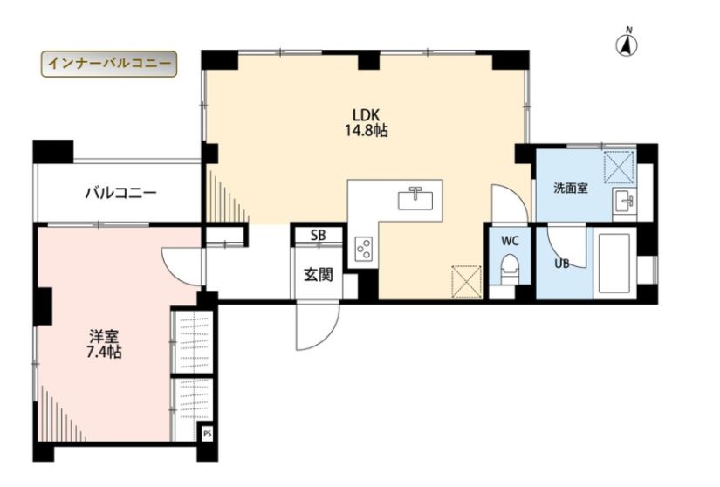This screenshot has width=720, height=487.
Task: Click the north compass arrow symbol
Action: tap(627, 44)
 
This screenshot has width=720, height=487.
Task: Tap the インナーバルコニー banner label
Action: tap(109, 64)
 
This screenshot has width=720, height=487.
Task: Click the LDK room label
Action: tap(366, 114)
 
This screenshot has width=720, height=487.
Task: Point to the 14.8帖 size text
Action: tap(367, 131)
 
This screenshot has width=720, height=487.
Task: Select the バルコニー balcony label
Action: tap(121, 193)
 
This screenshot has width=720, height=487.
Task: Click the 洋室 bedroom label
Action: tap(104, 338)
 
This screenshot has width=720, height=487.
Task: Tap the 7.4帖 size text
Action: tap(104, 353)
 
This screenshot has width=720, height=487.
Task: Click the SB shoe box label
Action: tap(319, 236)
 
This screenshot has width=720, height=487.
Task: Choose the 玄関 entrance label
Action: tap(319, 274)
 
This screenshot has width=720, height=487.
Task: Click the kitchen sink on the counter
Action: tap(415, 200)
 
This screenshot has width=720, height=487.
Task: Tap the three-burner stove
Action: tap(363, 250)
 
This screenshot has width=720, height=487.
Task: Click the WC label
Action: tap(510, 241)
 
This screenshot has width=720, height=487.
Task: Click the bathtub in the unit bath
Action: tap(615, 264)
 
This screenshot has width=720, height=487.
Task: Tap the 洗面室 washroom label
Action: tap(571, 188)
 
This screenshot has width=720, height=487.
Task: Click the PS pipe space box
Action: tap(208, 433)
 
